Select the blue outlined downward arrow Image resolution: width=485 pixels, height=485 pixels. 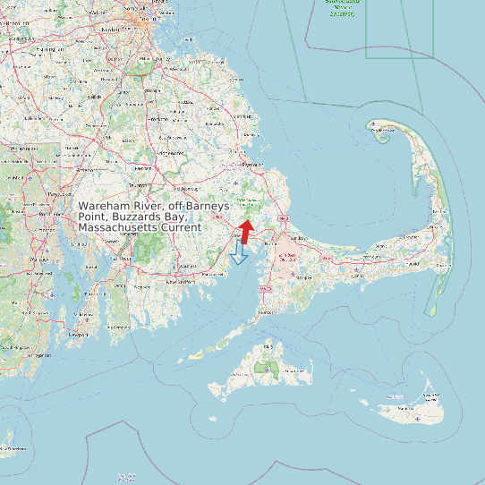(x=238, y=251)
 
